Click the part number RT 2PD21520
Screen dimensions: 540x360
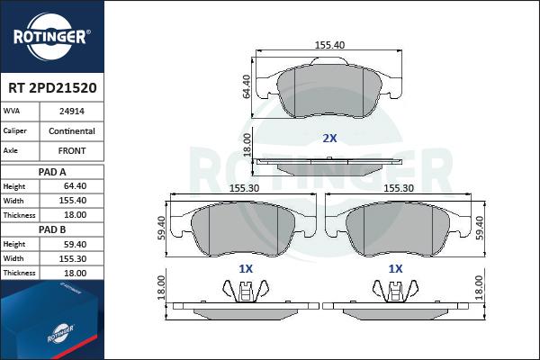pos(52,88)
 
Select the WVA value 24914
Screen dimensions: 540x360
pos(72,112)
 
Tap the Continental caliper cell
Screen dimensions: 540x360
pos(72,130)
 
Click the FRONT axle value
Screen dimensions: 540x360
pos(72,150)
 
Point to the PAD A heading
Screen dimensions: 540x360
pos(52,172)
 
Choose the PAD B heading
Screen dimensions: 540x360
pos(52,229)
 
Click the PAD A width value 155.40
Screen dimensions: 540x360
pos(73,201)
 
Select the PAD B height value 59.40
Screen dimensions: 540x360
pos(75,244)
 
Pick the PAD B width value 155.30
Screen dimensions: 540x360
pos(73,258)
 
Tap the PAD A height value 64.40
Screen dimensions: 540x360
pos(75,186)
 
